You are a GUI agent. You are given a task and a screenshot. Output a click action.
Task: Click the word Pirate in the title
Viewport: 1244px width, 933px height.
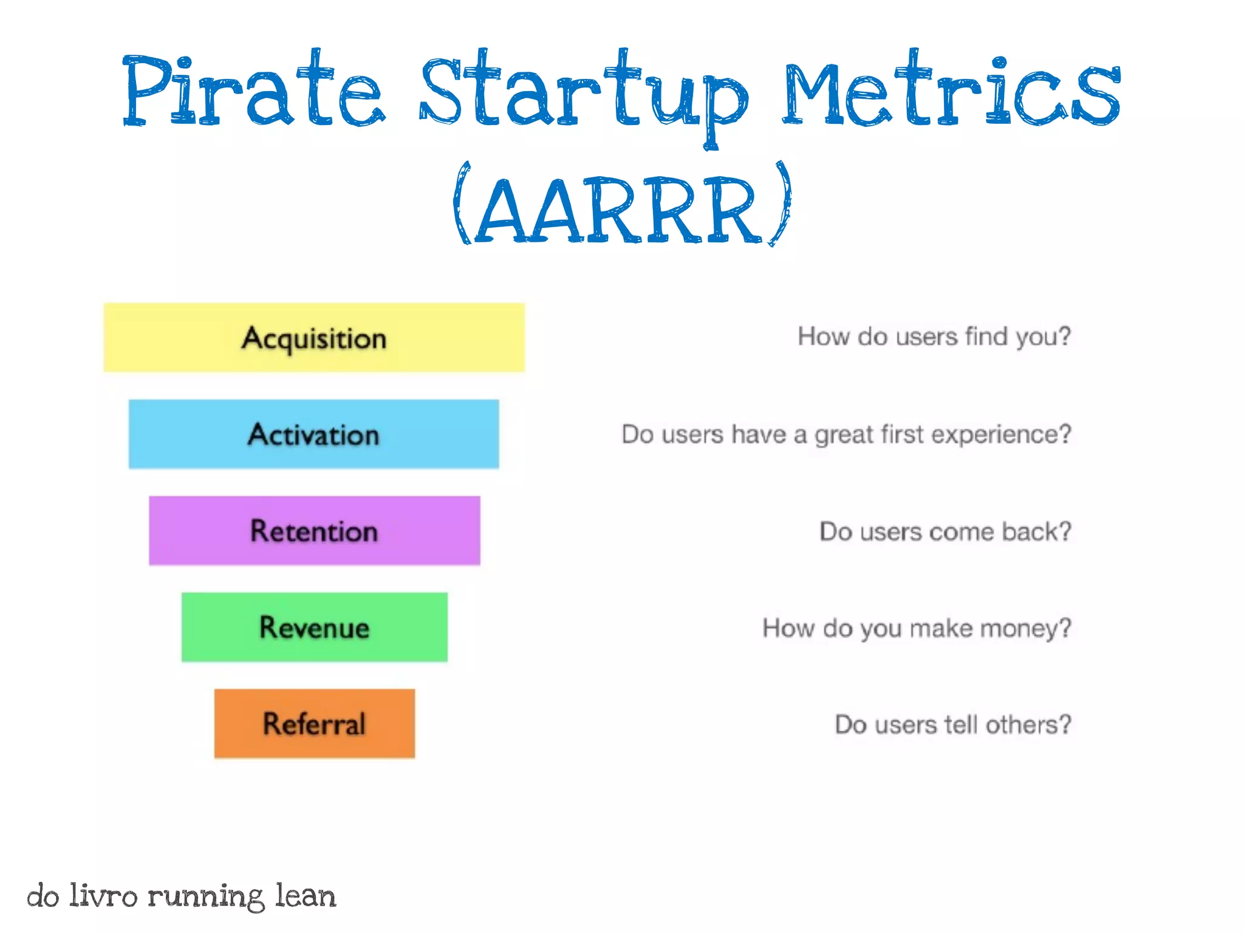(253, 91)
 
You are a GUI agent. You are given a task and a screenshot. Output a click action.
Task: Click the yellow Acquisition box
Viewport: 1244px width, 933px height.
(314, 338)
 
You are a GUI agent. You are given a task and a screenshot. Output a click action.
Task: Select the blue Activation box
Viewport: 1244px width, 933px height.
(313, 434)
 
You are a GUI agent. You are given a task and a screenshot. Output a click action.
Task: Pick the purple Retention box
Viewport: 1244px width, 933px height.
(314, 531)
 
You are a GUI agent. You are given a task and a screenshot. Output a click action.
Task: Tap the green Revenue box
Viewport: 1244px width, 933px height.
(314, 627)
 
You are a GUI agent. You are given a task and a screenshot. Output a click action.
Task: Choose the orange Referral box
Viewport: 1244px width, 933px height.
(314, 723)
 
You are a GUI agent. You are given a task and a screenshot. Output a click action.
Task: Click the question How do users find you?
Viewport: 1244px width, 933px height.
(934, 337)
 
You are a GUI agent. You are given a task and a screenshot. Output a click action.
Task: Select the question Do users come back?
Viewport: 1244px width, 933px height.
(945, 531)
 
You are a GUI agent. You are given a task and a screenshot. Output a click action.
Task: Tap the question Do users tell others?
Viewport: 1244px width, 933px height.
(952, 725)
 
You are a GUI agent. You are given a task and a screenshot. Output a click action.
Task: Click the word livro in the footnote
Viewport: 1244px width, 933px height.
(103, 896)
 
